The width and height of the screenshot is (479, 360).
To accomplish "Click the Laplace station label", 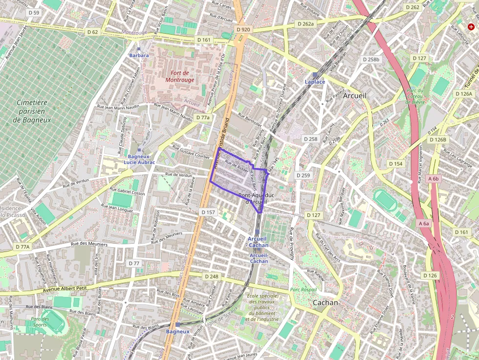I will click(x=315, y=82).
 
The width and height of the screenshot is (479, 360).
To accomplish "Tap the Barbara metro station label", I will click(x=139, y=55).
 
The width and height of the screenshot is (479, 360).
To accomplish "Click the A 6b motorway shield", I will click(x=433, y=179).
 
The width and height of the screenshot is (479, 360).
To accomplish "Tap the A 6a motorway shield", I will click(x=424, y=223).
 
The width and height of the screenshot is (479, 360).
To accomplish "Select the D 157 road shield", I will click(x=208, y=212).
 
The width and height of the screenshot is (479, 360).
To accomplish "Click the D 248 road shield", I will click(x=212, y=276).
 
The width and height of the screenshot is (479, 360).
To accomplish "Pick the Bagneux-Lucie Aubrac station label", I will click(x=139, y=159).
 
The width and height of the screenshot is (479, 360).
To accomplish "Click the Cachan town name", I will click(x=325, y=302).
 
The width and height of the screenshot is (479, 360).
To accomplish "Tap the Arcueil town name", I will click(x=354, y=96).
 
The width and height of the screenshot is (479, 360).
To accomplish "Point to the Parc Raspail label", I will click(x=303, y=290).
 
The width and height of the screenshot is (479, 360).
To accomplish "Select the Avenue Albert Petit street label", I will click(x=65, y=288).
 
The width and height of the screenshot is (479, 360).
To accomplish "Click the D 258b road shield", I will click(x=371, y=59).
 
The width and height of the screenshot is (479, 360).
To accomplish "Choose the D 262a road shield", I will click(x=305, y=23).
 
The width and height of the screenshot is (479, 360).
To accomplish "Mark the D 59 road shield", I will click(x=34, y=12).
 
